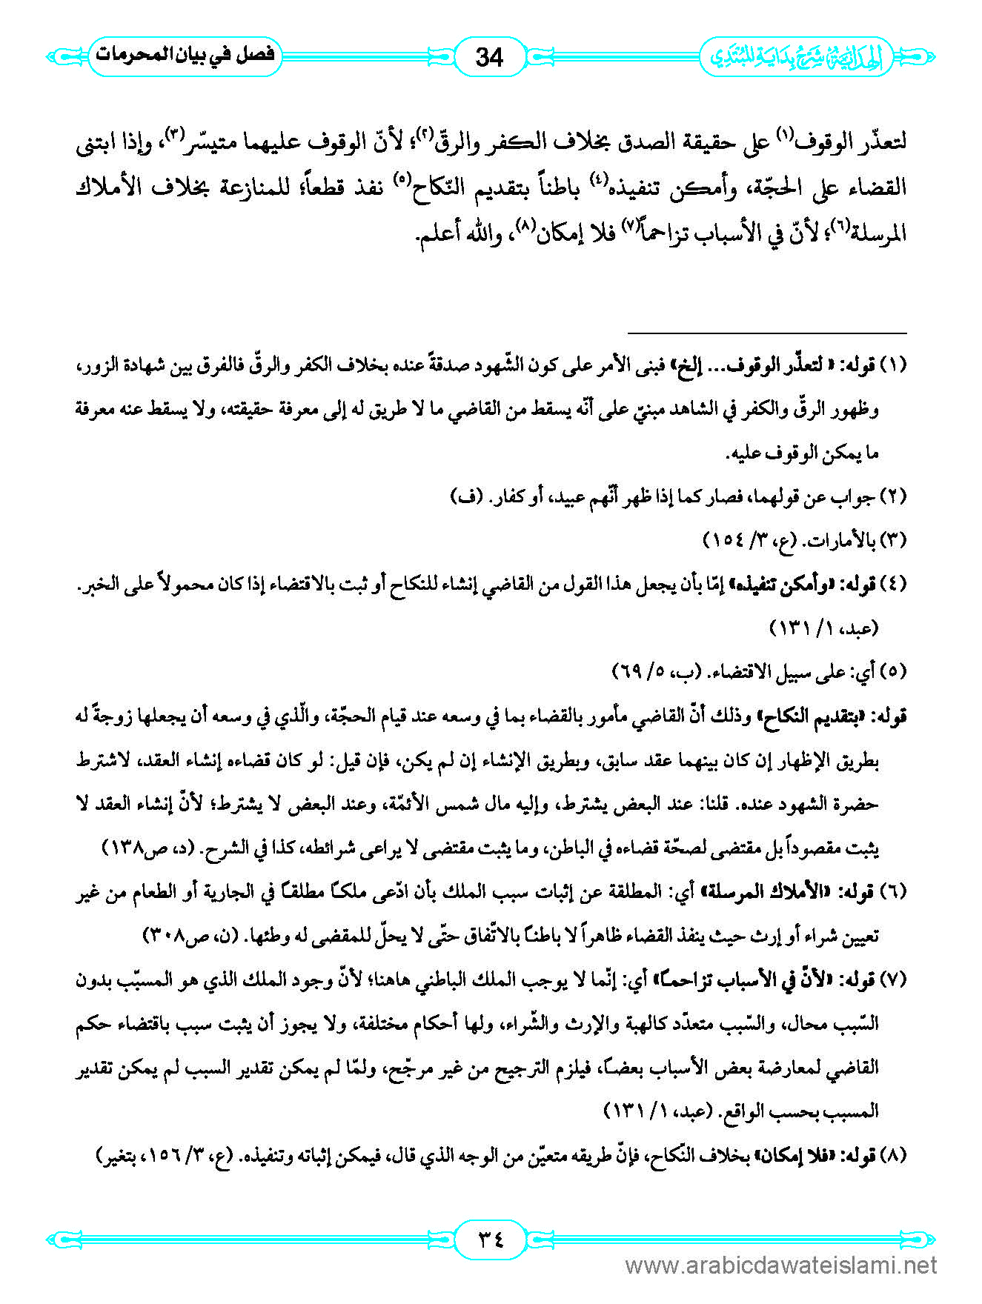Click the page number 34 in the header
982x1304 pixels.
489,57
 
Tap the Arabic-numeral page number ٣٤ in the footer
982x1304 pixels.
489,1238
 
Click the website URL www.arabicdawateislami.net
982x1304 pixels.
781,1265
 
